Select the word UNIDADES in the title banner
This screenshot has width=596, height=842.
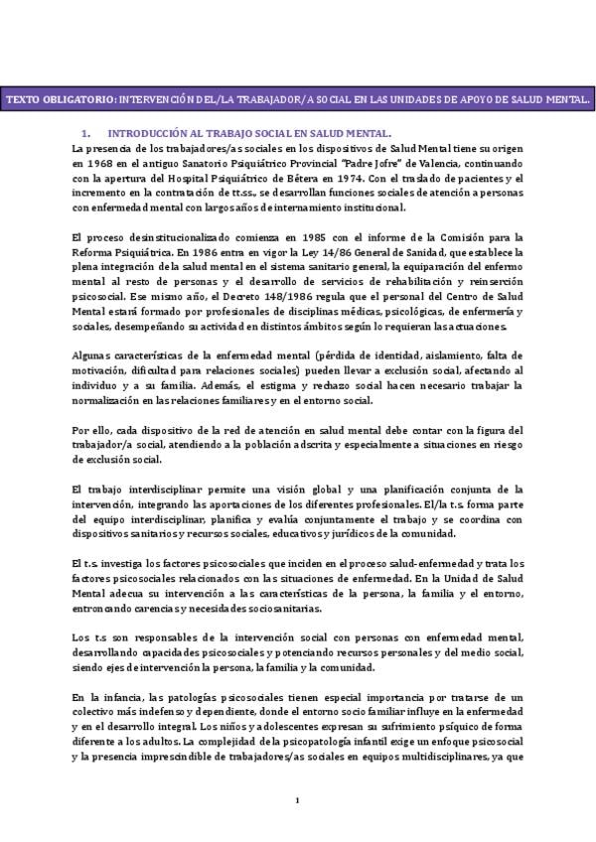414,100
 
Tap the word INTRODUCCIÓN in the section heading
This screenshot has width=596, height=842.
151,132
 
